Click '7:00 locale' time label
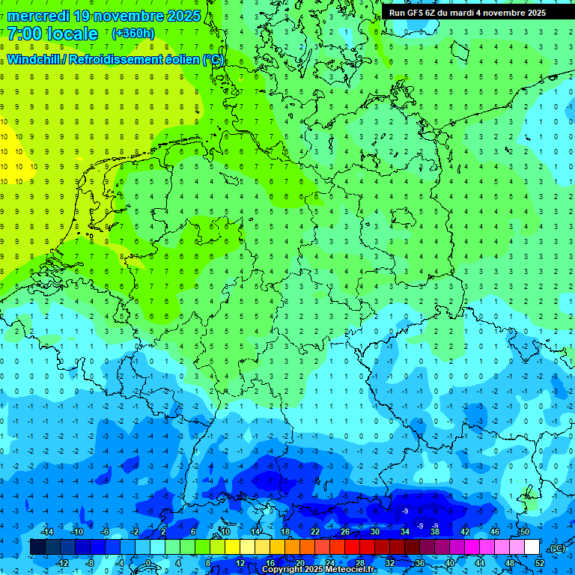pos(52,34)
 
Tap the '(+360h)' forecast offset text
pos(133,34)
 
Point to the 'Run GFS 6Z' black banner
pos(467,13)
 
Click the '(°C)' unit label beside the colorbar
pos(556,548)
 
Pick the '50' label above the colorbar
pos(524,532)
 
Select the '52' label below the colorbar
pos(540,562)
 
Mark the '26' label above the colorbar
pos(345,532)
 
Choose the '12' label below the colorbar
pos(240,562)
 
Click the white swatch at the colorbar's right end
pos(532,547)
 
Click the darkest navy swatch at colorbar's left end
pos(37,547)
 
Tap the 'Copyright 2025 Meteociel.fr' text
pos(319,570)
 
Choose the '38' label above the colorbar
pos(434,532)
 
